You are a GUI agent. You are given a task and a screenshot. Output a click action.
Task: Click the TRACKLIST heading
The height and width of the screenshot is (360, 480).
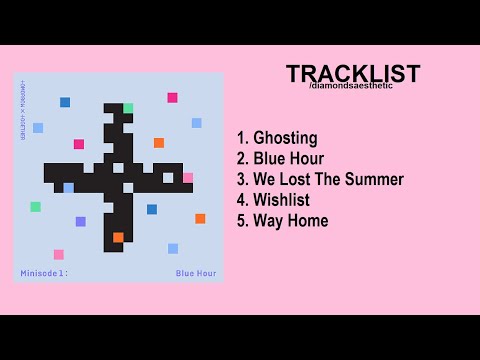(x=352, y=74)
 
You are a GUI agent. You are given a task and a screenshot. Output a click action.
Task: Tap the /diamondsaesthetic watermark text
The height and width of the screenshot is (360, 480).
(x=352, y=86)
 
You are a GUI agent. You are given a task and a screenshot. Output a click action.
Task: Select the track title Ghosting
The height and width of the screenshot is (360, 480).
(x=285, y=138)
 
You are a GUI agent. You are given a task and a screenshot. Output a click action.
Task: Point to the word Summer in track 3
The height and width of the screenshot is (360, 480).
(x=375, y=179)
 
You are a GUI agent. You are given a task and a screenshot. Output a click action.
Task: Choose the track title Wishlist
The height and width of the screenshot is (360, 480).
(x=281, y=200)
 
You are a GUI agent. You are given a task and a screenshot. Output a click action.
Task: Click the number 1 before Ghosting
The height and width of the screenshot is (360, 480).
(x=241, y=138)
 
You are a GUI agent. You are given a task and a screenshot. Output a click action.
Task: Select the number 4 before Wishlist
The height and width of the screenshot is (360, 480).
(x=242, y=200)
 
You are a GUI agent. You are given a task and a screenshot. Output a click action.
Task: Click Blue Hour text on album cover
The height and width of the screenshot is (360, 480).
(x=195, y=272)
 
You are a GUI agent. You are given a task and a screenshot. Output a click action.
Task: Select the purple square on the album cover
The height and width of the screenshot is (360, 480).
(x=81, y=221)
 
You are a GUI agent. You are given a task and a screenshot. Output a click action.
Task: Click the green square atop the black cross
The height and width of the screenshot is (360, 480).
(x=128, y=108)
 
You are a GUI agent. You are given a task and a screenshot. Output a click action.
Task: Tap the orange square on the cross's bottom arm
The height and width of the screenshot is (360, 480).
(x=118, y=237)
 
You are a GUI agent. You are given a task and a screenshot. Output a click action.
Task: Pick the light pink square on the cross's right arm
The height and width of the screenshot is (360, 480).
(x=187, y=178)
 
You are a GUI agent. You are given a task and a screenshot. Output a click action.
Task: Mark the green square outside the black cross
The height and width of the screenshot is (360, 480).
(x=36, y=207)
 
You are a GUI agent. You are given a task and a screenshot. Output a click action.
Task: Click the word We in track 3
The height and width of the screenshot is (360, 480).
(x=266, y=179)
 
